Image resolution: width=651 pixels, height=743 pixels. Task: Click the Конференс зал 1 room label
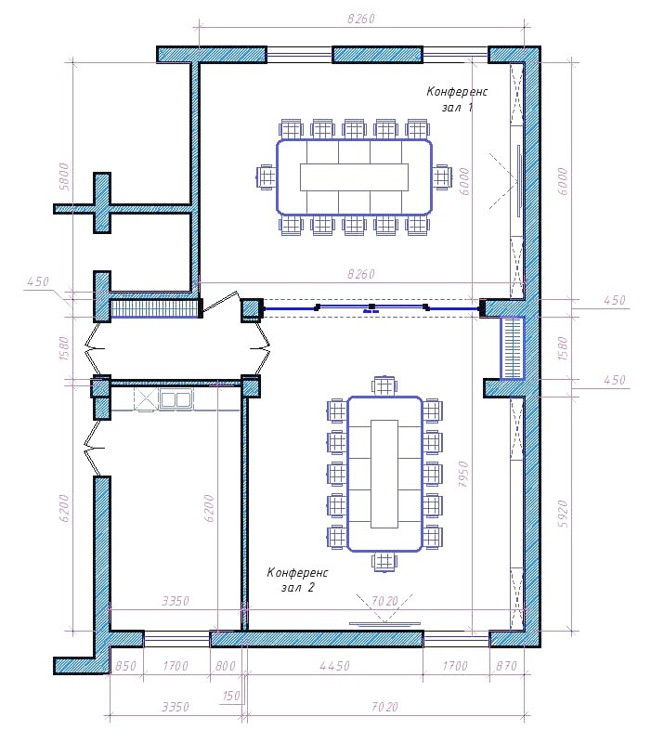point(456,99)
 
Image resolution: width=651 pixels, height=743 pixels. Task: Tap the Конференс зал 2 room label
point(297,580)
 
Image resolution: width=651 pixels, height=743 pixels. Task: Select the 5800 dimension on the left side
point(64,176)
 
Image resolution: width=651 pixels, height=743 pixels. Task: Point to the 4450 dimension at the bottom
point(334,666)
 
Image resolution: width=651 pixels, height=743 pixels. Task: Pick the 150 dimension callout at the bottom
point(231,696)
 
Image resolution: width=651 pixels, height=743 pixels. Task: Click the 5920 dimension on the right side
point(563,514)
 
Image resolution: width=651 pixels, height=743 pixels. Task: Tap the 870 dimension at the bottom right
point(506,666)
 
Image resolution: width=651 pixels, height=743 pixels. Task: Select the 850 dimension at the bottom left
point(125,666)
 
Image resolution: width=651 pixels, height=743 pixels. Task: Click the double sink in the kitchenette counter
point(176,399)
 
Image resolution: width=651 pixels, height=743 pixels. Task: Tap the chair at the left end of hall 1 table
point(266,177)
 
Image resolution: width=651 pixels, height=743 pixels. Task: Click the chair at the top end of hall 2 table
point(384,385)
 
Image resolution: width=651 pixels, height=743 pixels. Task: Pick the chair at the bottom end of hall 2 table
point(384,562)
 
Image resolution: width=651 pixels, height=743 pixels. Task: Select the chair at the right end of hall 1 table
point(442,177)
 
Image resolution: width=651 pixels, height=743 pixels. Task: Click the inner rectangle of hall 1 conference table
point(354,177)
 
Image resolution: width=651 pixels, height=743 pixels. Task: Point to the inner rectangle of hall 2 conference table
point(384,474)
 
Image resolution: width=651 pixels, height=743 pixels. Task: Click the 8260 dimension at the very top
point(361,19)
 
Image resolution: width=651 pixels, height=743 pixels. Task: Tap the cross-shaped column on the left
point(102,202)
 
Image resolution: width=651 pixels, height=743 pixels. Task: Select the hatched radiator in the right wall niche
point(513,348)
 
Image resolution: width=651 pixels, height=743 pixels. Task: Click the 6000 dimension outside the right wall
point(563,181)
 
